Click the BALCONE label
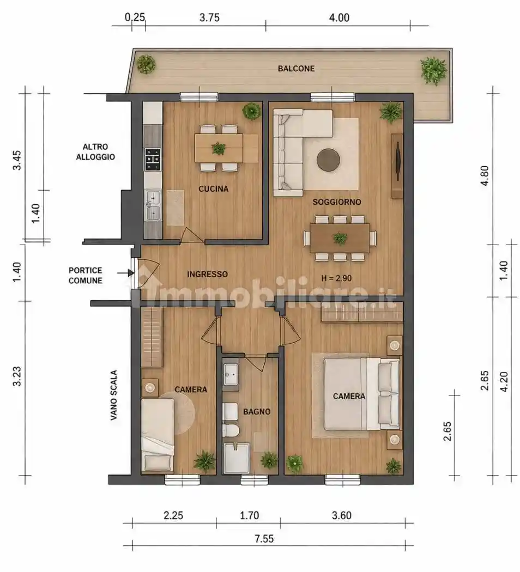(296, 69)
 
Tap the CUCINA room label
(214, 188)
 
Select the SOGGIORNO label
(337, 202)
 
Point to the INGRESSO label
(207, 274)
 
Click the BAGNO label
(257, 411)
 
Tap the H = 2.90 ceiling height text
(336, 278)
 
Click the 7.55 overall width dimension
(264, 538)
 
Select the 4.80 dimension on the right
(485, 176)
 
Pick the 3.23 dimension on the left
(17, 376)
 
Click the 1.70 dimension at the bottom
(250, 515)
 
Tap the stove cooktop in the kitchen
(153, 160)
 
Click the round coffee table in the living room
(329, 160)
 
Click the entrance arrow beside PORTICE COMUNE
(125, 272)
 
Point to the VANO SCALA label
(114, 395)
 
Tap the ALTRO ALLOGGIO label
(95, 152)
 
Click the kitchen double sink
(153, 205)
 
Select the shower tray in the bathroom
(237, 459)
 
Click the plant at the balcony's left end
(146, 65)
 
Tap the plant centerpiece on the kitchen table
(219, 149)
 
